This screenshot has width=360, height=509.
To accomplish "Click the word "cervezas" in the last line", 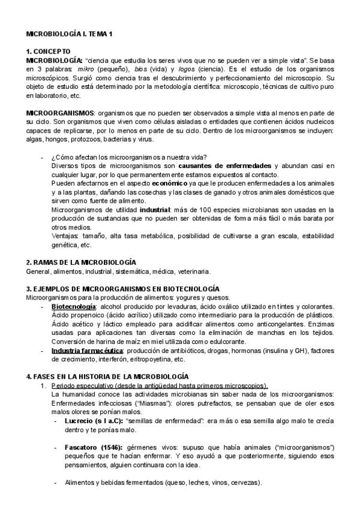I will [244, 483].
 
